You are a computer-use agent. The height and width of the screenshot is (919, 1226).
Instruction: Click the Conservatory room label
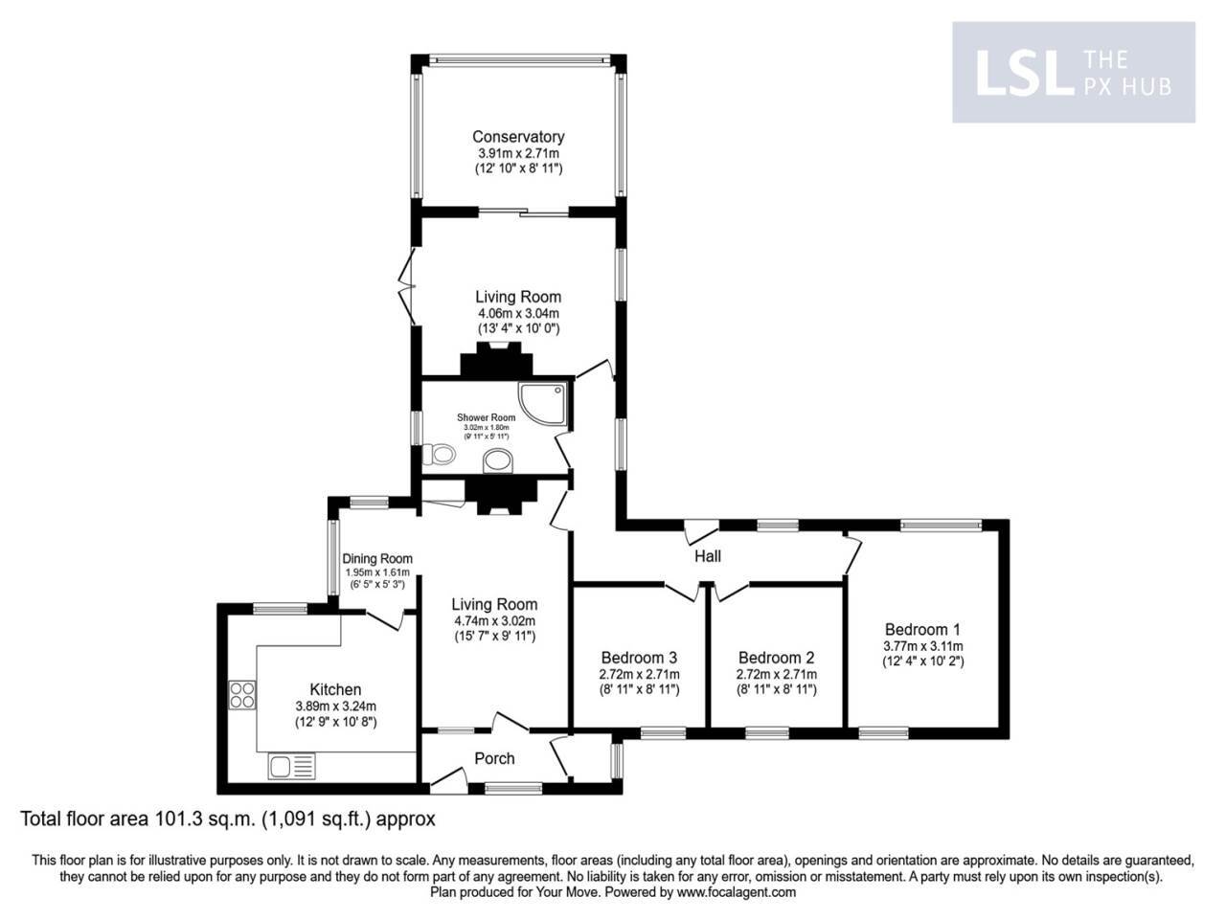coord(518,137)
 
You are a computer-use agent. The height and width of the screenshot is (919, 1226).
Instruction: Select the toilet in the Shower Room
coord(442,455)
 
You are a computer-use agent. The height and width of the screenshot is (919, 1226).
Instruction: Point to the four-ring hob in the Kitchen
coord(242,694)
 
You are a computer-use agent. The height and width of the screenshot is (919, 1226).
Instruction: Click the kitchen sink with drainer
coord(291,766)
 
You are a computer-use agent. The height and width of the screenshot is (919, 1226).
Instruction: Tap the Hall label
coord(708,556)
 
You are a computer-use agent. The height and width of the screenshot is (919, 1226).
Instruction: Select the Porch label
coord(495,758)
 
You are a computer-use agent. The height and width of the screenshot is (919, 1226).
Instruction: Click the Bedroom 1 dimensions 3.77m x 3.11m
coord(921,646)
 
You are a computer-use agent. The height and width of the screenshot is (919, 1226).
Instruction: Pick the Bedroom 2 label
coord(776,658)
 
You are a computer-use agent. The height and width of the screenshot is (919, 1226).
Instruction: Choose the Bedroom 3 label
coord(639,658)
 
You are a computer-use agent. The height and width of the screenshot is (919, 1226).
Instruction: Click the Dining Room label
coord(377,559)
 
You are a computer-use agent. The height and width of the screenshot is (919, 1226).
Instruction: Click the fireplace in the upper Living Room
coord(496,361)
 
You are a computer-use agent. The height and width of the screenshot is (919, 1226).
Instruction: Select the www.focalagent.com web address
coord(737,892)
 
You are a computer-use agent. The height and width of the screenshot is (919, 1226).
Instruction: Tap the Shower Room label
coord(486,417)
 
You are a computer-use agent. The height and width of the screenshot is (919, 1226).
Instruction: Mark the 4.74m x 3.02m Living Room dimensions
coord(494,620)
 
